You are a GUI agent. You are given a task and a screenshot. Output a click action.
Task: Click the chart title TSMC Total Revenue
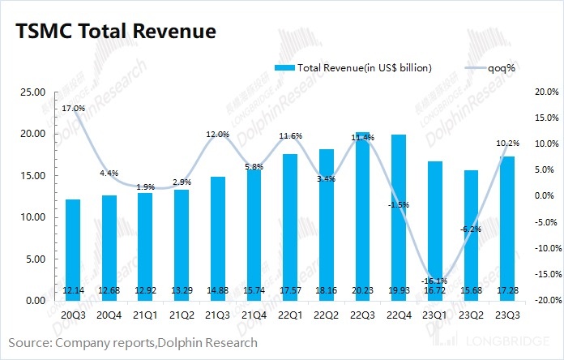tap(113, 32)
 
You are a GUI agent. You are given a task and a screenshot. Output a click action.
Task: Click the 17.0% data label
tap(72, 107)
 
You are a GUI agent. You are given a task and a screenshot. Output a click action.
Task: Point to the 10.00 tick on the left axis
tap(33, 217)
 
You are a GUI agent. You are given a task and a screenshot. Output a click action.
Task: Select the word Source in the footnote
tap(30, 343)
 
